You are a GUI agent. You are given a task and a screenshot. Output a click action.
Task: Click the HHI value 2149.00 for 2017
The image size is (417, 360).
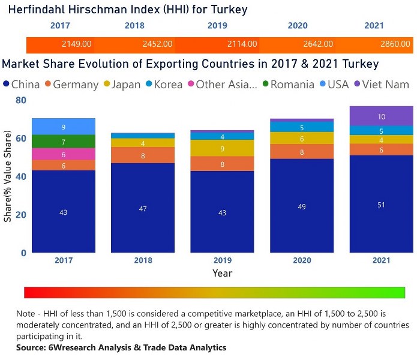[77, 44]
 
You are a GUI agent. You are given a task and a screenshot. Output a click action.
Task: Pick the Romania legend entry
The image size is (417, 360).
[292, 84]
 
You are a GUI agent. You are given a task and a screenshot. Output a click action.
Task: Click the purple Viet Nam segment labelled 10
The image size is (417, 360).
[382, 116]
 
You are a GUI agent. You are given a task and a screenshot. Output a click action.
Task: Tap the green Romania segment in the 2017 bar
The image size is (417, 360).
[64, 142]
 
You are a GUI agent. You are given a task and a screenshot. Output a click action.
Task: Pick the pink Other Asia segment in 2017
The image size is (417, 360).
[64, 154]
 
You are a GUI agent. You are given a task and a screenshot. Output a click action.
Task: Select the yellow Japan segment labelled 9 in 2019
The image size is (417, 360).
[222, 148]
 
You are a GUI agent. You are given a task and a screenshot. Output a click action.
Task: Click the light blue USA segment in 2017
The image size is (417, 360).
[64, 127]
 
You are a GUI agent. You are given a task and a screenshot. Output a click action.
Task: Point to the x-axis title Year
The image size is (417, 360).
[222, 273]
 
